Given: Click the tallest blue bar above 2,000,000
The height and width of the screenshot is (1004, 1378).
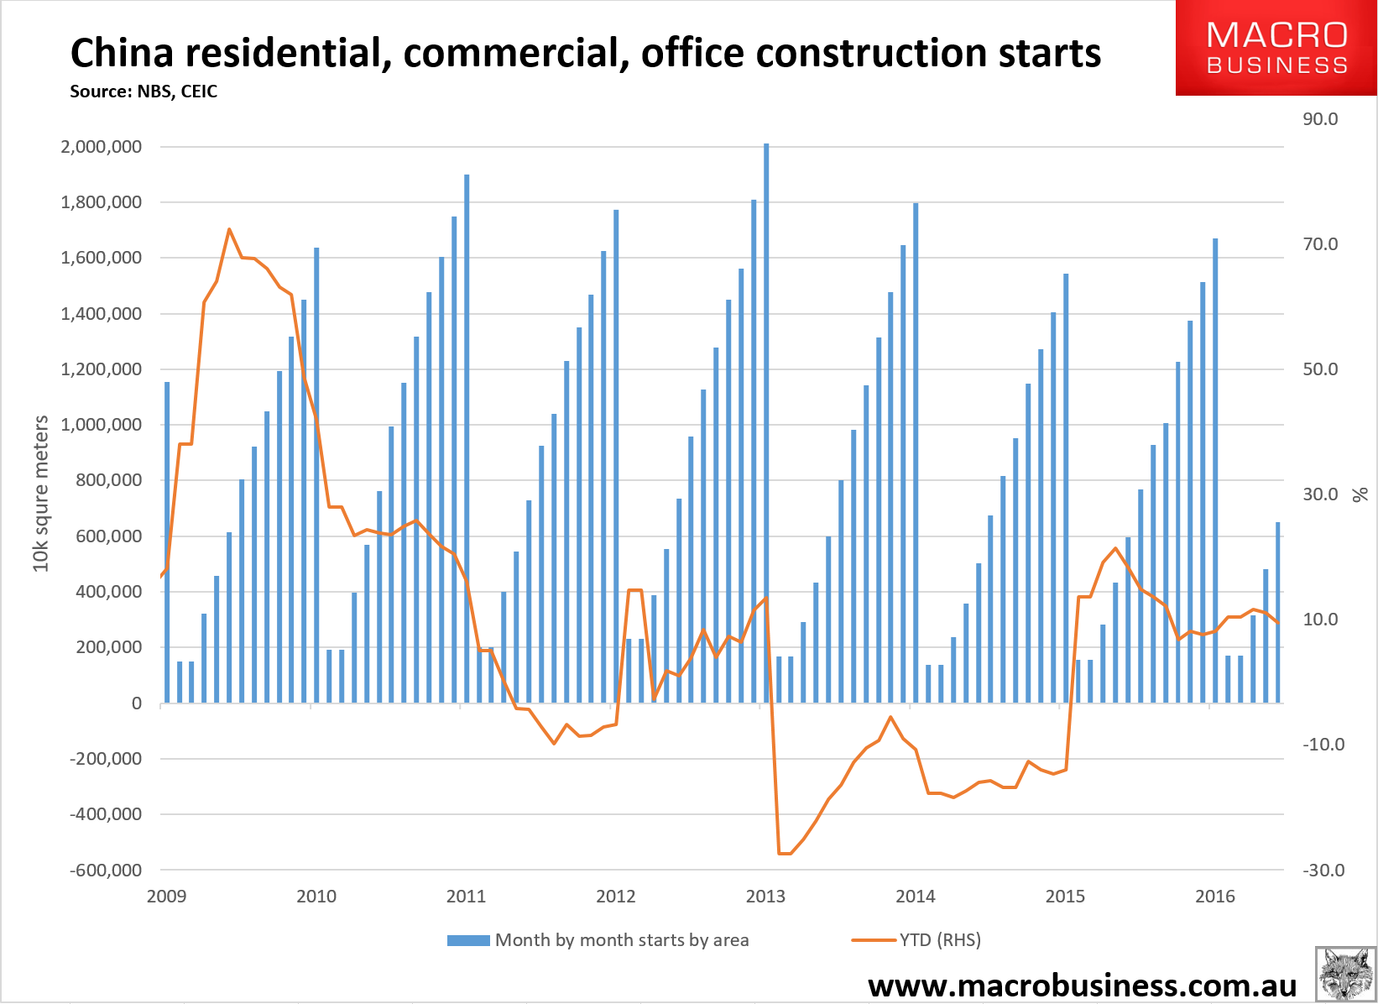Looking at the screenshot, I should pos(766,420).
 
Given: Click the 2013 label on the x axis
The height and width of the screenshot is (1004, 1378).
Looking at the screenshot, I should pos(765,897).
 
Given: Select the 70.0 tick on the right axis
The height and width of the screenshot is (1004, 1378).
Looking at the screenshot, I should pos(1320,244).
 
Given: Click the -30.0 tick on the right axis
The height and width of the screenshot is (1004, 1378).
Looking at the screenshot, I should pos(1323,871).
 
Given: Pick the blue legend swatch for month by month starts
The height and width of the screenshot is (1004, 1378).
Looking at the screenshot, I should pos(467,940).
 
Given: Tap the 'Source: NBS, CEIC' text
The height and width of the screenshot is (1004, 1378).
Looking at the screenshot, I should pos(144,92).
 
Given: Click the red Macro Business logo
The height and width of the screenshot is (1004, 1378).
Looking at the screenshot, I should pos(1276,48).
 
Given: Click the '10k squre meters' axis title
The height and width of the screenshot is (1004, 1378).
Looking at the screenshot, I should pos(41,494).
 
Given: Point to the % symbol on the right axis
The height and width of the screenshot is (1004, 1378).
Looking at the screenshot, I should pos(1360,494).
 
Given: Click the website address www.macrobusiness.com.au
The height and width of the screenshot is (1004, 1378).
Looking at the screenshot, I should pos(1082,985).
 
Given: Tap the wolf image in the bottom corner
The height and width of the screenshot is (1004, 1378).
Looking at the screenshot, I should pos(1345,974).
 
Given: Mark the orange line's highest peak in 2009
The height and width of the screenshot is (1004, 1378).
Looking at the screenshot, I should pos(229,229).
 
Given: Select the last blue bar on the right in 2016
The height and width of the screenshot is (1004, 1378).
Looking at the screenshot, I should pos(1278,613).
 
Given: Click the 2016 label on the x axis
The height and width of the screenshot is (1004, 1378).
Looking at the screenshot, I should pos(1214,897).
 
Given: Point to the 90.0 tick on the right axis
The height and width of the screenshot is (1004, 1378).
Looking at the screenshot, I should pos(1320,119).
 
